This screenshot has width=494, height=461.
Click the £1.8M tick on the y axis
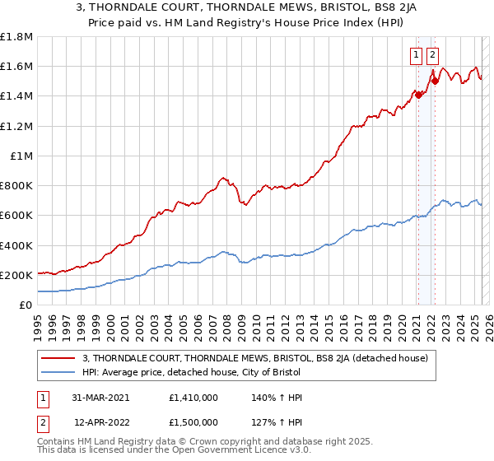pos(16,37)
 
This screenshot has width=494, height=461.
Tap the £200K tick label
pos(16,275)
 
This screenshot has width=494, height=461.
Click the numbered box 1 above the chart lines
pos(417,56)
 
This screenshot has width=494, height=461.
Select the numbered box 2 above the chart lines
pos(432,56)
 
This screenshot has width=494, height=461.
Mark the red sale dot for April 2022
pos(434,81)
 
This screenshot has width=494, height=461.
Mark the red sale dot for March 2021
pos(418,95)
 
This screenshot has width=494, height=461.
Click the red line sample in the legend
pos(58,358)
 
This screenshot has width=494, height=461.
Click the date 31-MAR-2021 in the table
pos(101,398)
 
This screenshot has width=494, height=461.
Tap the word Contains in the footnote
pos(58,441)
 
